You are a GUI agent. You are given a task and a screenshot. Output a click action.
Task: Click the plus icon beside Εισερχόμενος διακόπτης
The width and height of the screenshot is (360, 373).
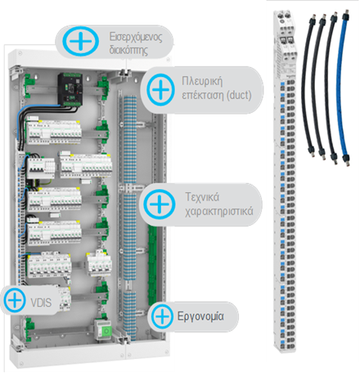point(80,42)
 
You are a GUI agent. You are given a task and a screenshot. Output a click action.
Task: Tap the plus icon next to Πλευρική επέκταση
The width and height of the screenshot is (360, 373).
point(160,89)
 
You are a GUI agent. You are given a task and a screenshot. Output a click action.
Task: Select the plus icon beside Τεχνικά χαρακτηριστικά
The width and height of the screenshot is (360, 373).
point(160,204)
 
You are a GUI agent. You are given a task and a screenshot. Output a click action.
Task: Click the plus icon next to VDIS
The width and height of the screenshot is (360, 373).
point(15,300)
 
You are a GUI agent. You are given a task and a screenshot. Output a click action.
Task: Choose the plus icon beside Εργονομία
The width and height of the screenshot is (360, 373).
point(163,317)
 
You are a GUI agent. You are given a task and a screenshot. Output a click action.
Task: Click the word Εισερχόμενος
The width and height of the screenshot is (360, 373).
point(136,37)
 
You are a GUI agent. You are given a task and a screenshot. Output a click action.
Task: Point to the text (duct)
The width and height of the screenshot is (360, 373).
point(240,96)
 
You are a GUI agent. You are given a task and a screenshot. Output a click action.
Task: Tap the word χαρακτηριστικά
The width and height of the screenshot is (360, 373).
point(219,211)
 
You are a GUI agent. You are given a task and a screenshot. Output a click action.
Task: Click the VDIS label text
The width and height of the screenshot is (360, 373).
point(41,303)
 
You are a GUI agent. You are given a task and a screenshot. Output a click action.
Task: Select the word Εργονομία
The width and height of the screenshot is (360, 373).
point(200,317)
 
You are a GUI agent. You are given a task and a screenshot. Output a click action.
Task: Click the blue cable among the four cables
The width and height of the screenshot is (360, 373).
point(344,88)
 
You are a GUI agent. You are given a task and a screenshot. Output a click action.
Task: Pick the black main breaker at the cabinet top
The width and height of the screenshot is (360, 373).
point(70,90)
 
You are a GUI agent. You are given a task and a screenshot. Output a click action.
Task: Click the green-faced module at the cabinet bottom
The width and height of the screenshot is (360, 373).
point(103,330)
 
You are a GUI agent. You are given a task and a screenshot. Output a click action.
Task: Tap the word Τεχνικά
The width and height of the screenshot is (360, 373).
point(202,197)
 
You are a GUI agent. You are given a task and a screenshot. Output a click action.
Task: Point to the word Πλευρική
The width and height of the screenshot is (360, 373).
point(202,81)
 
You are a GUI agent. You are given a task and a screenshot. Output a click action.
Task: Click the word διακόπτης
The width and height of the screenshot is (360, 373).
point(128,50)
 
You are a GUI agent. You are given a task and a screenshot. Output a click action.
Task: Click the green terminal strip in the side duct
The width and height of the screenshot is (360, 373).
point(152,264)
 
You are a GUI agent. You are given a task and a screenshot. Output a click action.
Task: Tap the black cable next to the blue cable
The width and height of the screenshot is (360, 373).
point(332,88)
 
